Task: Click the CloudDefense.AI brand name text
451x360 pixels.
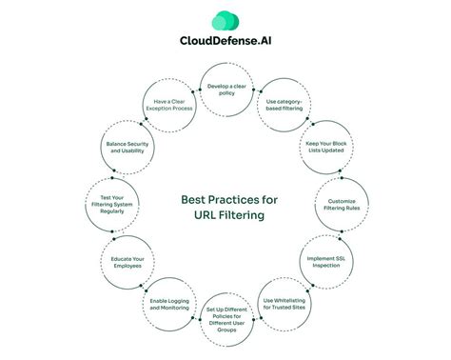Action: point(225,41)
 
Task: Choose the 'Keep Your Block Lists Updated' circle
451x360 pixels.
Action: point(324,147)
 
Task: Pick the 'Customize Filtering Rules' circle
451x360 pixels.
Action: point(341,204)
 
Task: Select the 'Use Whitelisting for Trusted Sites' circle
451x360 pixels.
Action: point(283,305)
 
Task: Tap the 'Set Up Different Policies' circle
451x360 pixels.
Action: point(225,319)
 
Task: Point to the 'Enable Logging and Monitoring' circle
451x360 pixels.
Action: point(169,305)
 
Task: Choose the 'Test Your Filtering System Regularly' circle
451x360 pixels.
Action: point(110,204)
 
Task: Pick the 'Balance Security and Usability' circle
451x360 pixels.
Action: point(126,147)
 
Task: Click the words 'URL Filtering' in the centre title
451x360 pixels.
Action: point(225,215)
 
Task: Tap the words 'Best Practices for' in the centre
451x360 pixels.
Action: point(225,200)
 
